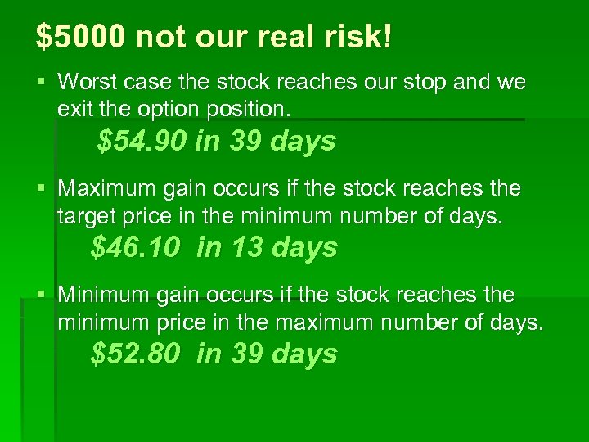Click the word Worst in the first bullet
(x=88, y=82)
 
